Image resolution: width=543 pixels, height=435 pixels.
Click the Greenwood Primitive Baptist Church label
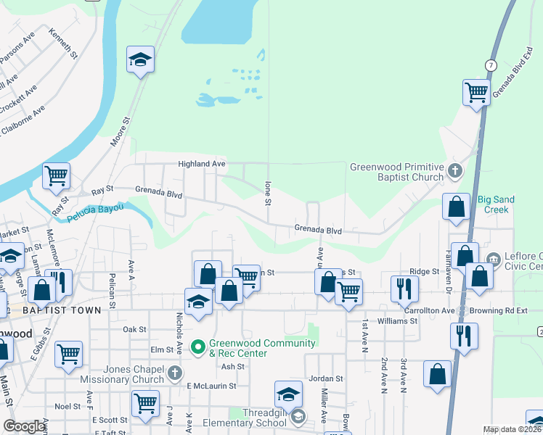[396, 172]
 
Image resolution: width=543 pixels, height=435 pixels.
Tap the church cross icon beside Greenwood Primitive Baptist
[454, 172]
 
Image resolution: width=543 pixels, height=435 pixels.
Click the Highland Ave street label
[202, 165]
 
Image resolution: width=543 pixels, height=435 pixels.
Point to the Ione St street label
[268, 192]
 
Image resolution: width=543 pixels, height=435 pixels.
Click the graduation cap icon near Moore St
[140, 59]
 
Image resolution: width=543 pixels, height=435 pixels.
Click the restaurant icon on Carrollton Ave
[401, 289]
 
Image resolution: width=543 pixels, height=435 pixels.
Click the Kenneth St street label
[63, 43]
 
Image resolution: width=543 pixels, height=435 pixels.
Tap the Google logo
[24, 427]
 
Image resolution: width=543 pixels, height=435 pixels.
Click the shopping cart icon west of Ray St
[56, 175]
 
